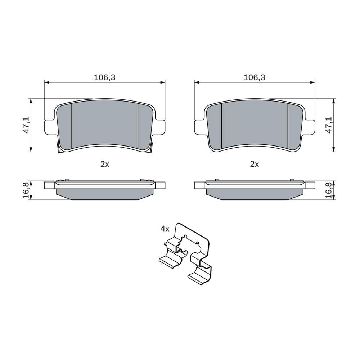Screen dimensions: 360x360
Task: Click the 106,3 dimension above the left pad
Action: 104,77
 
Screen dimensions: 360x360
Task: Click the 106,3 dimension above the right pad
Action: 255,77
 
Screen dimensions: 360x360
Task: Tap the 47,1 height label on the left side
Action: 26,125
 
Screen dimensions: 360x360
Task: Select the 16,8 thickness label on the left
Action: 26,190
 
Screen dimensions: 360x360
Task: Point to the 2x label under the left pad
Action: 104,164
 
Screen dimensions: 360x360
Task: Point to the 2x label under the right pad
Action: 255,164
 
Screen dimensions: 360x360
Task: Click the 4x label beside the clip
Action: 165,229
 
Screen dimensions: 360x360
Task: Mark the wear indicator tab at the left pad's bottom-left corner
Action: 59,148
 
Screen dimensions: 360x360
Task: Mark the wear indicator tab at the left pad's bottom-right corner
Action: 152,147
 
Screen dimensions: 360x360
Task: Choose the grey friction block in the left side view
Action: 105,194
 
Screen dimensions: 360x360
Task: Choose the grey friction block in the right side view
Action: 255,194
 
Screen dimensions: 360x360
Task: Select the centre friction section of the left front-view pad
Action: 105,124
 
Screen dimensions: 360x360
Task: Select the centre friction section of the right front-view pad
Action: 255,124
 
